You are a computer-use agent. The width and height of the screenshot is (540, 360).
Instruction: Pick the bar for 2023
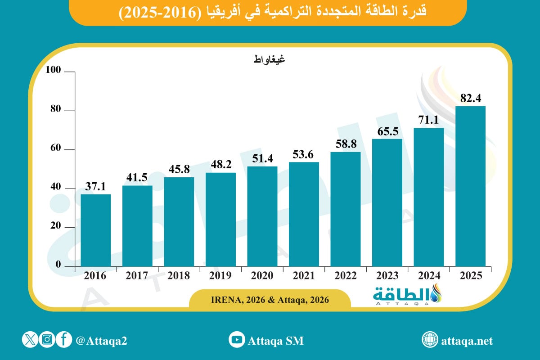(x=387, y=202)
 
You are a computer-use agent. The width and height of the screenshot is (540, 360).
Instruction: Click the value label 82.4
(x=470, y=98)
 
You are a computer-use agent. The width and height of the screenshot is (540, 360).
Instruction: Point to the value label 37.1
(x=96, y=186)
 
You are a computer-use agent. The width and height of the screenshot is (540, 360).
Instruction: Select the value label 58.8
(x=346, y=144)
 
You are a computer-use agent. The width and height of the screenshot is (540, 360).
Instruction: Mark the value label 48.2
(x=220, y=164)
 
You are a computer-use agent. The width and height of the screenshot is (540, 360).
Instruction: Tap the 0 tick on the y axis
(x=58, y=265)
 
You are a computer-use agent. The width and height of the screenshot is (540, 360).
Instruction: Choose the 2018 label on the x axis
(x=179, y=276)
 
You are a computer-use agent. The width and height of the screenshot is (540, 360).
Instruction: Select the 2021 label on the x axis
(x=304, y=276)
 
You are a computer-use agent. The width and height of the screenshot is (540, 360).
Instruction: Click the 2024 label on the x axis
(x=429, y=276)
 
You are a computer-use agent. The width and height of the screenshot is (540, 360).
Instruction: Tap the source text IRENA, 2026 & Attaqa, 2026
(x=270, y=299)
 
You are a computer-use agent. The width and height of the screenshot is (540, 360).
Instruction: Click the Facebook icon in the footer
(x=64, y=340)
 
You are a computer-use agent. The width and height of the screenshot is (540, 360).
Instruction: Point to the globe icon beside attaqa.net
(x=430, y=340)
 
